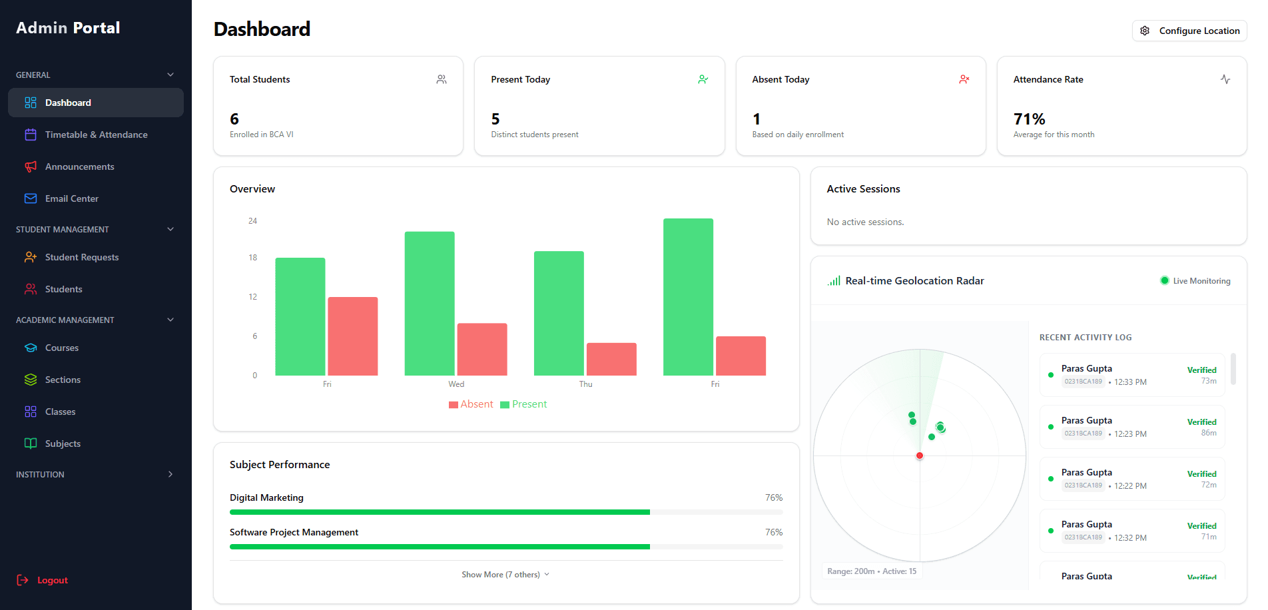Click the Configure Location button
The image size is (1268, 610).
point(1189,31)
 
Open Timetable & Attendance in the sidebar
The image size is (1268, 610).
point(96,135)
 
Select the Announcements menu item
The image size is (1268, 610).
point(79,166)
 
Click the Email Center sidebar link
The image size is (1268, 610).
point(71,198)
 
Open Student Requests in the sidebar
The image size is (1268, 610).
point(81,257)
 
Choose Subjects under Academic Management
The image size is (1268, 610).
point(63,444)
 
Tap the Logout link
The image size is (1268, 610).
point(52,580)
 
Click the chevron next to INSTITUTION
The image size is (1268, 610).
point(170,474)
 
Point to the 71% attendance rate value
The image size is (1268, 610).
point(1029,119)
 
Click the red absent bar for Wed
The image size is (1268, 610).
point(482,349)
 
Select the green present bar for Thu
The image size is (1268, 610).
point(559,313)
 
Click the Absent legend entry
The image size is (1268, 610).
point(472,404)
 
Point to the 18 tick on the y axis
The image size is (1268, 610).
point(252,258)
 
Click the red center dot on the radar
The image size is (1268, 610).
point(919,456)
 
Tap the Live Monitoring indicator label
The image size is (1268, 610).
point(1201,281)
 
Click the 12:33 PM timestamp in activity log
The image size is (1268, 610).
point(1130,382)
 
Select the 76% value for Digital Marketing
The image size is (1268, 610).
point(773,497)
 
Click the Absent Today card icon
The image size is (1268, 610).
point(964,79)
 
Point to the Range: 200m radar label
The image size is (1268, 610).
point(850,571)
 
